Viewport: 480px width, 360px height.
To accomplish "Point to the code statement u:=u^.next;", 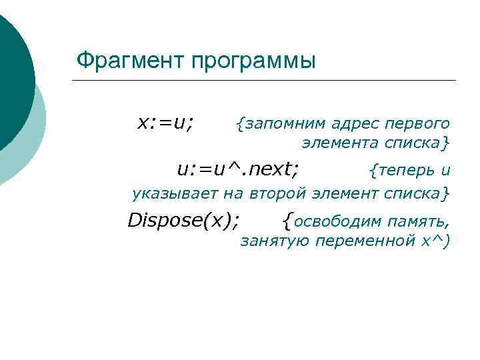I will (x=237, y=170).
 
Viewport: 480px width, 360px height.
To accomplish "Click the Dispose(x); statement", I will (x=184, y=219).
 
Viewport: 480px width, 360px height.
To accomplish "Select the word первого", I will (x=415, y=123).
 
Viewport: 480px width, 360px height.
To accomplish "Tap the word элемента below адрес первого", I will (x=339, y=143).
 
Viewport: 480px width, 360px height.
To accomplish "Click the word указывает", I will (x=167, y=194).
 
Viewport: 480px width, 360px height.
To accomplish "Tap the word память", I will (x=421, y=220).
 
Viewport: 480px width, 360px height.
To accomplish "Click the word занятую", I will (x=274, y=241).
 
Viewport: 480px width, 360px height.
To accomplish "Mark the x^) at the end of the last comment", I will (x=436, y=241).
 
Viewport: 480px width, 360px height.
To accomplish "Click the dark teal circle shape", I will (x=12, y=73).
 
